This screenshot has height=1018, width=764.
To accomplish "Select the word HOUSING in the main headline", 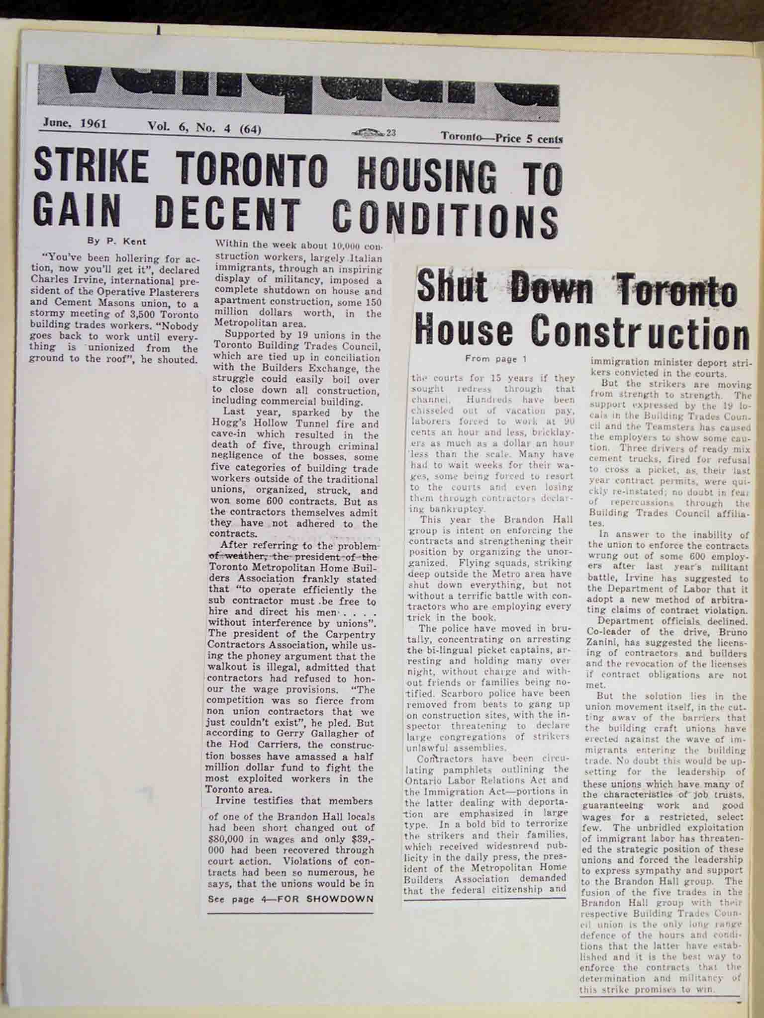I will click(426, 177).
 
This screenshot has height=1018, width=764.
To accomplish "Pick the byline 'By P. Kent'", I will click(117, 242).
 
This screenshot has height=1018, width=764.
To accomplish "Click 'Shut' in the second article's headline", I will click(452, 287).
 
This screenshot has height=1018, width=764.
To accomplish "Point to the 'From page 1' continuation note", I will click(495, 358).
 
